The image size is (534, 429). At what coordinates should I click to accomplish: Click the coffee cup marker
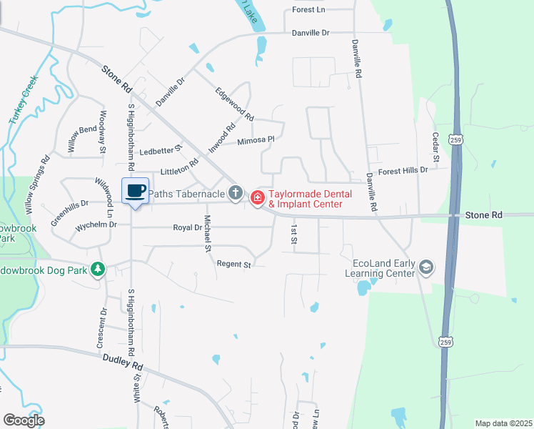(x=136, y=190)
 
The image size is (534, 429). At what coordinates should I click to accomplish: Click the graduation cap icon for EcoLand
(x=426, y=267)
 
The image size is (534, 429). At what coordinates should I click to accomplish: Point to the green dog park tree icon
(x=99, y=269)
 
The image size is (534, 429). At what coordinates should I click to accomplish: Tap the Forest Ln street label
(x=308, y=10)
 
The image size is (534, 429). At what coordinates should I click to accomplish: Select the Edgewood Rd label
(x=235, y=104)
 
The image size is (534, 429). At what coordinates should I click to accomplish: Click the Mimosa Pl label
(x=256, y=141)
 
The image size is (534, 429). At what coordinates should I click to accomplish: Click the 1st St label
(x=293, y=233)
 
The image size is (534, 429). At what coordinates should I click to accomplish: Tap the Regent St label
(x=234, y=265)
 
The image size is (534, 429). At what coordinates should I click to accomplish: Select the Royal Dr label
(x=188, y=228)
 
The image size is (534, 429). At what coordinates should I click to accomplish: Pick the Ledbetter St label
(x=161, y=151)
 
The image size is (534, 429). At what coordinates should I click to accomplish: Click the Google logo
(x=24, y=420)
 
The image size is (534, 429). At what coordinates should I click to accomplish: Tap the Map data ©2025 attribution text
(x=503, y=423)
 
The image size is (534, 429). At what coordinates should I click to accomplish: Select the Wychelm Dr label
(x=96, y=225)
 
